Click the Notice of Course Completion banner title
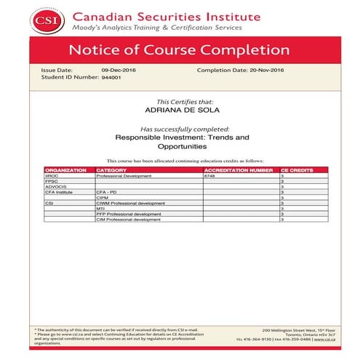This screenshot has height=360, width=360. (x=178, y=50)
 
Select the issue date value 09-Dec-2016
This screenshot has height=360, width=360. (x=119, y=70)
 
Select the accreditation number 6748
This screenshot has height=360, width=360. (x=211, y=176)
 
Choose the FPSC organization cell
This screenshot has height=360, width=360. (x=52, y=181)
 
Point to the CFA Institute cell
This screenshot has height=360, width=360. (x=58, y=191)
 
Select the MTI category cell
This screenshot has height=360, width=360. (x=101, y=208)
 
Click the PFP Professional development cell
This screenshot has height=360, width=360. (x=128, y=214)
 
